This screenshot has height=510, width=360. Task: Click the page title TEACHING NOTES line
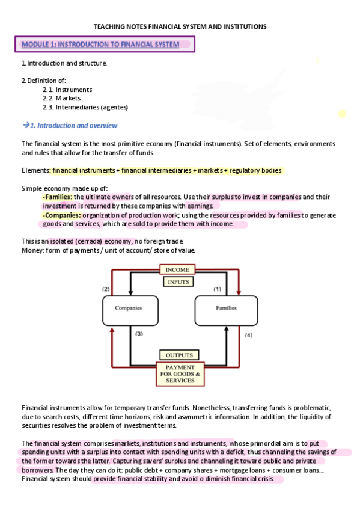pyautogui.click(x=180, y=27)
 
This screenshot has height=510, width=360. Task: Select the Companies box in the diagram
pyautogui.click(x=129, y=308)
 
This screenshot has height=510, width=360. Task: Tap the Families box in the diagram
pyautogui.click(x=226, y=308)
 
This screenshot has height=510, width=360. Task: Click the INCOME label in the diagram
pyautogui.click(x=177, y=270)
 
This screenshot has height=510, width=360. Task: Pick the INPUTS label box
pyautogui.click(x=178, y=281)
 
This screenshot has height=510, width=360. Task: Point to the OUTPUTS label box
pyautogui.click(x=179, y=355)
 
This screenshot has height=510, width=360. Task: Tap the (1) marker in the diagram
pyautogui.click(x=218, y=289)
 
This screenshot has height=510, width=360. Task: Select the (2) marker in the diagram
pyautogui.click(x=106, y=289)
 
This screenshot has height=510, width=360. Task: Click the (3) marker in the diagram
pyautogui.click(x=139, y=333)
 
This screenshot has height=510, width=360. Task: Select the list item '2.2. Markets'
pyautogui.click(x=61, y=98)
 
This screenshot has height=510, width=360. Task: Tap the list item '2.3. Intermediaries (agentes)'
pyautogui.click(x=85, y=107)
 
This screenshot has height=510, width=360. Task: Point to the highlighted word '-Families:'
pyautogui.click(x=57, y=197)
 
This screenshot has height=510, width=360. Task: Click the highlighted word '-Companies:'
pyautogui.click(x=61, y=215)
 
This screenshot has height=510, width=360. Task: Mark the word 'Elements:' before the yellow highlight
pyautogui.click(x=35, y=171)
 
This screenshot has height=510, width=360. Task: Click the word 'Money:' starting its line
pyautogui.click(x=32, y=250)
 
